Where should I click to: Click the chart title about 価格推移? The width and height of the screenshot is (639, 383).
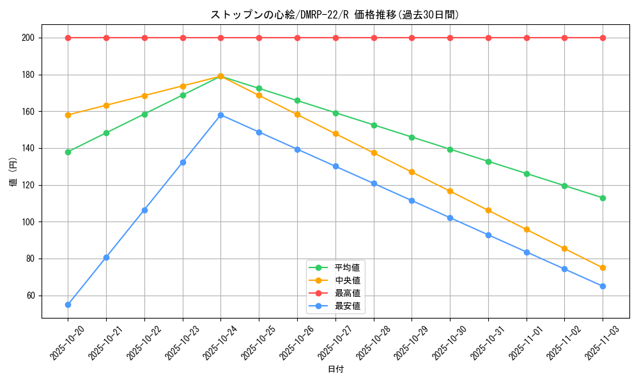pos(335,15)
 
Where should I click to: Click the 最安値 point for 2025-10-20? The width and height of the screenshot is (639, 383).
pos(68,304)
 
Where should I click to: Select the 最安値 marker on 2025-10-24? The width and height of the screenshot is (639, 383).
pos(220,115)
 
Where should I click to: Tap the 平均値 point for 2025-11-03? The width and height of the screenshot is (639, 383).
pos(603,198)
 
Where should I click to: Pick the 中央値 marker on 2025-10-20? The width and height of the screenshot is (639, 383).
pos(68,115)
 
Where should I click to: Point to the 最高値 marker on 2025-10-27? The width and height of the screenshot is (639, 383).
pos(335,38)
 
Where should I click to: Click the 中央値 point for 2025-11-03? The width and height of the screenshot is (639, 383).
pos(603,267)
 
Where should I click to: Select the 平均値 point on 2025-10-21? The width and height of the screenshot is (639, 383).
pos(106,133)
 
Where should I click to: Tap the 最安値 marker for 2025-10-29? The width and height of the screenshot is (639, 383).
pos(412,200)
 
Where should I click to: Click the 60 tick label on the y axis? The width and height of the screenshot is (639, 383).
pos(29,296)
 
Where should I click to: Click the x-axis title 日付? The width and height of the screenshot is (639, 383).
pos(335,370)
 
